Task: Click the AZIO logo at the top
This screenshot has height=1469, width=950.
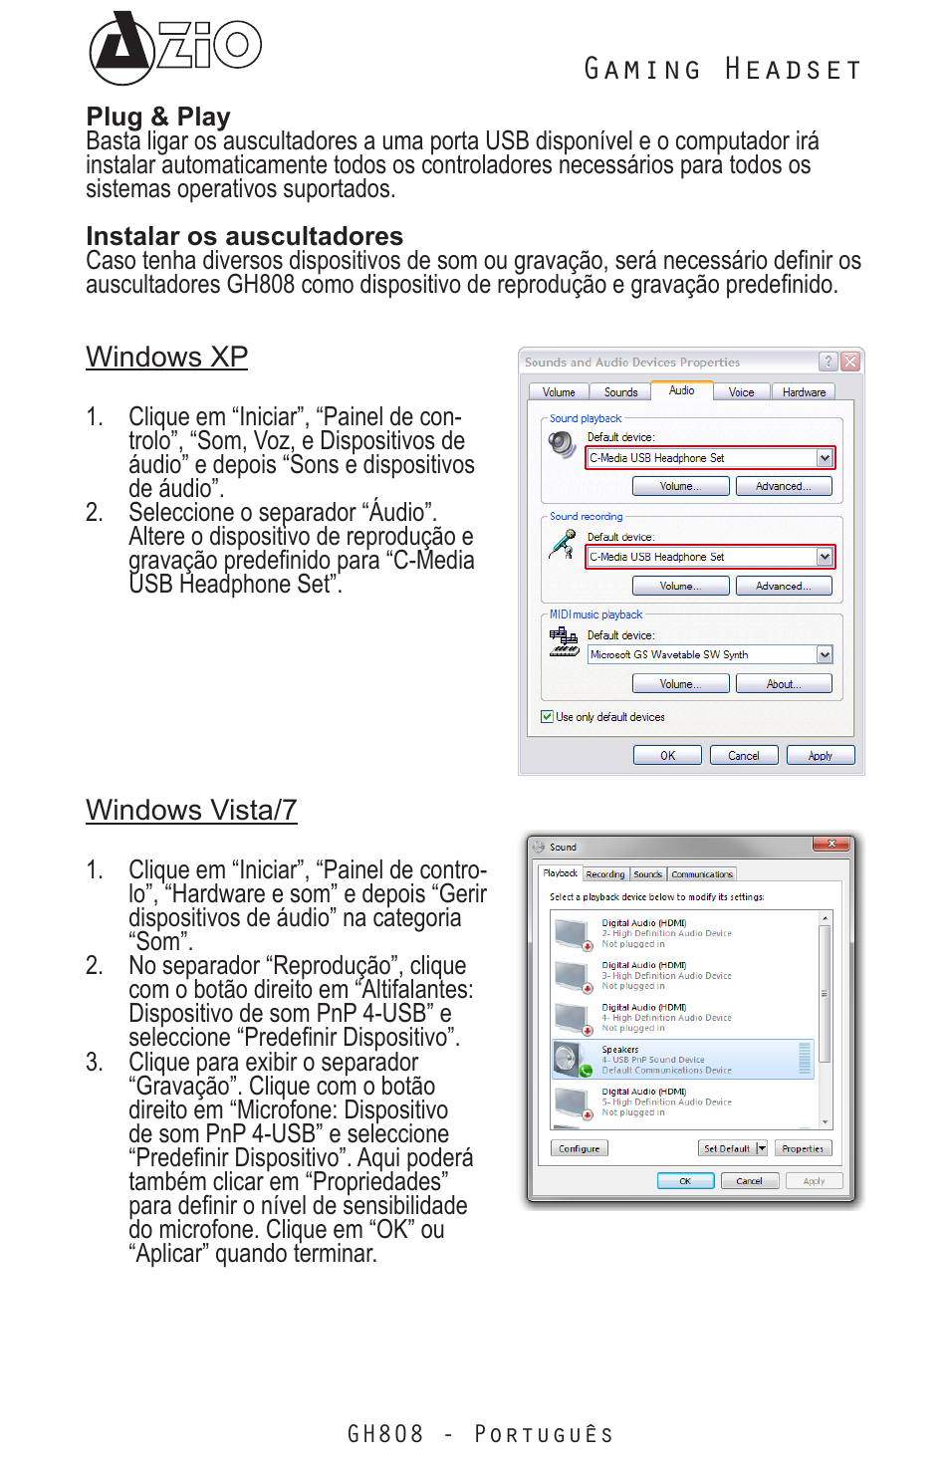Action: coord(174,47)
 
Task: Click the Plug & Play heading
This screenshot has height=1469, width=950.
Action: coord(158,118)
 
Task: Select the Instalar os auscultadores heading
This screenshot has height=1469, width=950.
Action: coord(244,236)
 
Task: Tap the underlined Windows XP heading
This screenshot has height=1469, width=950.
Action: coord(166,357)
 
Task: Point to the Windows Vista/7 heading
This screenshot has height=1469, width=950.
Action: coord(191,810)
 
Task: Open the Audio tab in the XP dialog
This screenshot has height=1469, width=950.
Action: coord(682,390)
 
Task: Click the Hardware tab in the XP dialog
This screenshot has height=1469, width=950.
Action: coord(804,392)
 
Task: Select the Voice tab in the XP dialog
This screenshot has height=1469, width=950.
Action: coord(741,392)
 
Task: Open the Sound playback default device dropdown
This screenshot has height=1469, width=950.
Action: coord(824,458)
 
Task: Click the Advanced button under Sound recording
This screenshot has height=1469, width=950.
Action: coord(783,586)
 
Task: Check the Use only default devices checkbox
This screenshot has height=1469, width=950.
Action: coord(548,717)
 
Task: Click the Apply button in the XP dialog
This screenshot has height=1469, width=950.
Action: coord(820,756)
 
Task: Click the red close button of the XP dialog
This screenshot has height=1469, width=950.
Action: coord(849,362)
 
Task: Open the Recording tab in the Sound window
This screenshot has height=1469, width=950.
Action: coord(605,874)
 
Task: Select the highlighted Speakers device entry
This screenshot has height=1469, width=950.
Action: coord(683,1060)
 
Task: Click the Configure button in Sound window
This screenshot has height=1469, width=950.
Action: coord(579,1148)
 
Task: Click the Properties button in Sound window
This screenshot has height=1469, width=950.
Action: coord(802,1148)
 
